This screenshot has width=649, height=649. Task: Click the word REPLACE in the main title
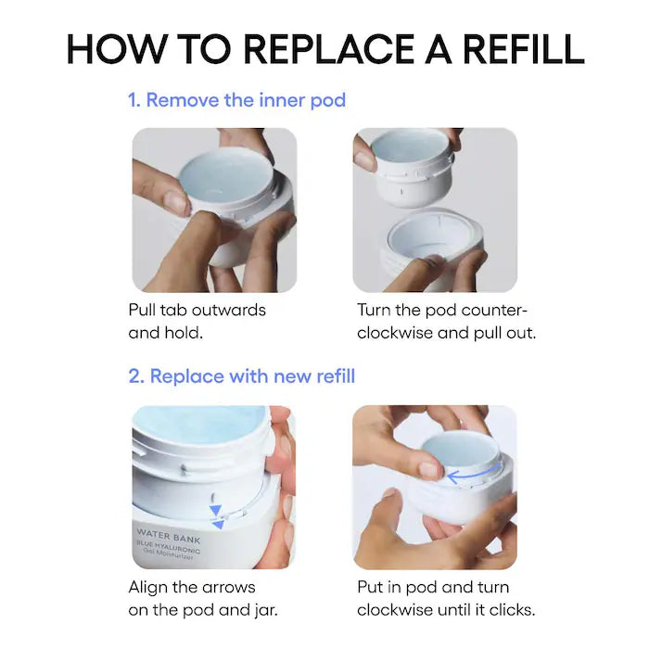coord(328,49)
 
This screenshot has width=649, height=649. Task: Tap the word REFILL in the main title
coord(523,49)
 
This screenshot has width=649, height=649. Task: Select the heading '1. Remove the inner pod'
coord(236,100)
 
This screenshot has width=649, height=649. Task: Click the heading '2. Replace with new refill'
coord(242,376)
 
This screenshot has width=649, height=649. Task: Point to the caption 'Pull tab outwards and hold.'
coord(197,321)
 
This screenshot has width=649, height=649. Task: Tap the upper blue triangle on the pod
coord(215,510)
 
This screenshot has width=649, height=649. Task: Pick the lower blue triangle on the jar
coord(218,525)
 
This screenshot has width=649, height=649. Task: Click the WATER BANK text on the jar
coord(169,536)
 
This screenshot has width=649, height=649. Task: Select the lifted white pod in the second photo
coord(411,168)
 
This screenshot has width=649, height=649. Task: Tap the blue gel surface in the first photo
coord(226,175)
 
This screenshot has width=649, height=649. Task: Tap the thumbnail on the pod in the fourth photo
coord(429,470)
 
